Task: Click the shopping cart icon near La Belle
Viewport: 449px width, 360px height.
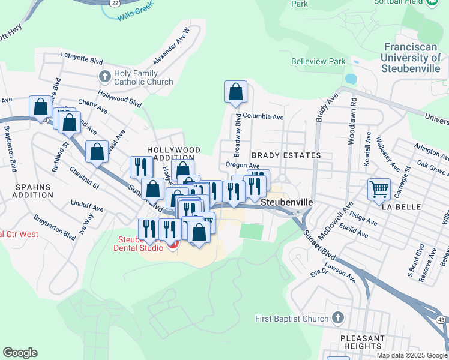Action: [379, 189]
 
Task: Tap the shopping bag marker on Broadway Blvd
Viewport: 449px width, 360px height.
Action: [236, 92]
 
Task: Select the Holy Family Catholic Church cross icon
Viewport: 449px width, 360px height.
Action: [104, 76]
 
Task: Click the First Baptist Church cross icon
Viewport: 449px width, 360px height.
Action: [337, 317]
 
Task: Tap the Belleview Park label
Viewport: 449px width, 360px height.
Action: [318, 61]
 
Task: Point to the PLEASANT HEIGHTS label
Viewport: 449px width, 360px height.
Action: [362, 342]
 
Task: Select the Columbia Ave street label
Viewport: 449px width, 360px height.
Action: [263, 117]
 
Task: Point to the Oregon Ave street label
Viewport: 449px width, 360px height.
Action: [243, 166]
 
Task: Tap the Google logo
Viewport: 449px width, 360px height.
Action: [20, 353]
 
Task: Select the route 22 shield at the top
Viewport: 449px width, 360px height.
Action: [114, 3]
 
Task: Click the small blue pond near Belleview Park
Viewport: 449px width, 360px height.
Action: [350, 79]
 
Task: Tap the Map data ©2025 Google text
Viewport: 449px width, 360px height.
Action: [411, 355]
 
